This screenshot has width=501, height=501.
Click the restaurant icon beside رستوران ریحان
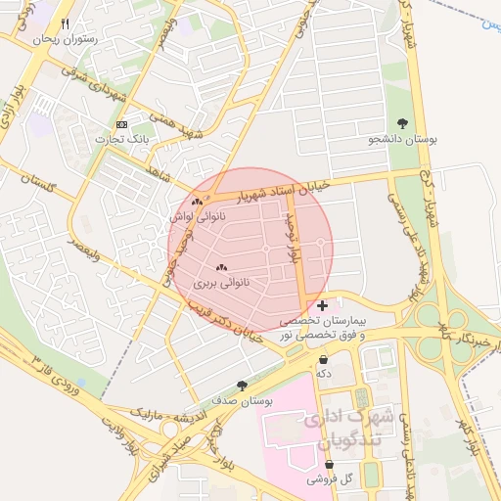tap(65, 24)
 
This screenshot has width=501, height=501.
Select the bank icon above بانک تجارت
tap(121, 125)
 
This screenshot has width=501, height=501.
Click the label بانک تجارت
tap(120, 140)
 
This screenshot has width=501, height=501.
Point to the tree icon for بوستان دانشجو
tap(403, 123)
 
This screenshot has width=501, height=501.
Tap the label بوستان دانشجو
tap(400, 140)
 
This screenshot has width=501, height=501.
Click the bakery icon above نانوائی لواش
tap(198, 202)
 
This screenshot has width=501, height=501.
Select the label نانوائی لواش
tap(197, 216)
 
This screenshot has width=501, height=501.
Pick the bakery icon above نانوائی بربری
tap(220, 267)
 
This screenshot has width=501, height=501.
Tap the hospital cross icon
tap(323, 306)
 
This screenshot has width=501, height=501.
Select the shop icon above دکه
tap(323, 359)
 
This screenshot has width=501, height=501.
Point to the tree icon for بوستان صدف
tap(242, 386)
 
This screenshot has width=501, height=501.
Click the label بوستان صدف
tap(241, 400)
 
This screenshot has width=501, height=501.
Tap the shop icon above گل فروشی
tap(327, 465)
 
